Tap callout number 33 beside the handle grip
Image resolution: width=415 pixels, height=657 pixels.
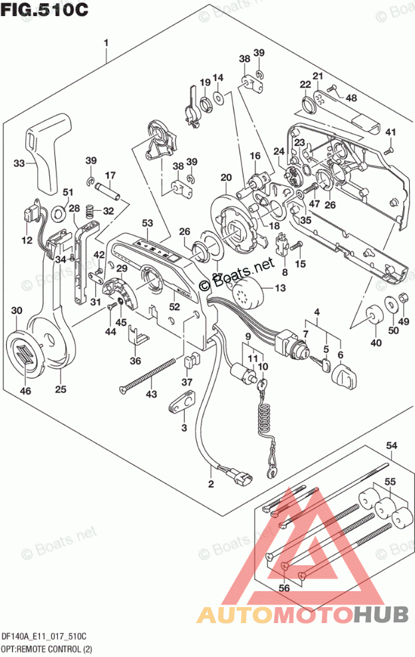pos(20,162)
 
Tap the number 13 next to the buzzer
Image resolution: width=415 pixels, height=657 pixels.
pos(279,288)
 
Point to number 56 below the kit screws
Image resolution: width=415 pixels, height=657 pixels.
pos(284,587)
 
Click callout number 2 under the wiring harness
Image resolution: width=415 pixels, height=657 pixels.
pos(211,483)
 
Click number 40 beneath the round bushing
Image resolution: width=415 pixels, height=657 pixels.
pos(376,343)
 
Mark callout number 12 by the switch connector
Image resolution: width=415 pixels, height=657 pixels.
pos(25,240)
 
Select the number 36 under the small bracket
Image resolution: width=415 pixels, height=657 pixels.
pos(136,361)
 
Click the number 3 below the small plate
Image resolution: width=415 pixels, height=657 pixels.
pos(184,428)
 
